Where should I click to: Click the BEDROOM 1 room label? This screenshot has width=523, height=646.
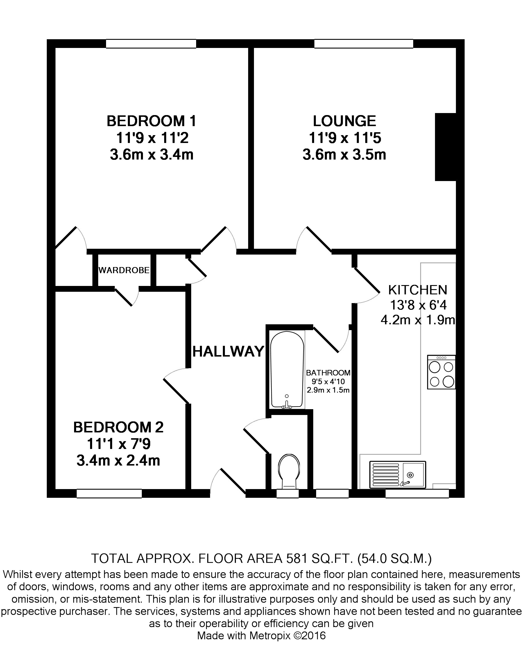click(151, 121)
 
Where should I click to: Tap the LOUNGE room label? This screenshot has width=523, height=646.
click(344, 121)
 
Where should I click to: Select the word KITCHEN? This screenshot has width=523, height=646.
click(418, 290)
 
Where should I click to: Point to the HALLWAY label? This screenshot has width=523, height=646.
click(228, 352)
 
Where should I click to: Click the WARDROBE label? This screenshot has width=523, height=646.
click(124, 270)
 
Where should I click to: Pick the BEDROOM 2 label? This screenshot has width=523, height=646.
click(118, 427)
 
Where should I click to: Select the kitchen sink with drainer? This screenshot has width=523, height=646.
click(397, 475)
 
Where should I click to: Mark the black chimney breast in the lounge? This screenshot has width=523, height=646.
click(445, 147)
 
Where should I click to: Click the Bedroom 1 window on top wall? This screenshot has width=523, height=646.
click(151, 44)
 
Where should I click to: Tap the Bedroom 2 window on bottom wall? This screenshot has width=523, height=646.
click(109, 493)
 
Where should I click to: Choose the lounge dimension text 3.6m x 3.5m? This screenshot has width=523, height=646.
click(344, 155)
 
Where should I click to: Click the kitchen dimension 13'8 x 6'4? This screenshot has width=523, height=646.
click(418, 305)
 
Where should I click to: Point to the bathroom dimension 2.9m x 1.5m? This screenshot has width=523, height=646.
click(328, 390)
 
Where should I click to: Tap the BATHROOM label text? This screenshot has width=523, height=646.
click(328, 373)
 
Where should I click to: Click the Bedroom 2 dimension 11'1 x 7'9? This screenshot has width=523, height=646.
click(118, 444)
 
